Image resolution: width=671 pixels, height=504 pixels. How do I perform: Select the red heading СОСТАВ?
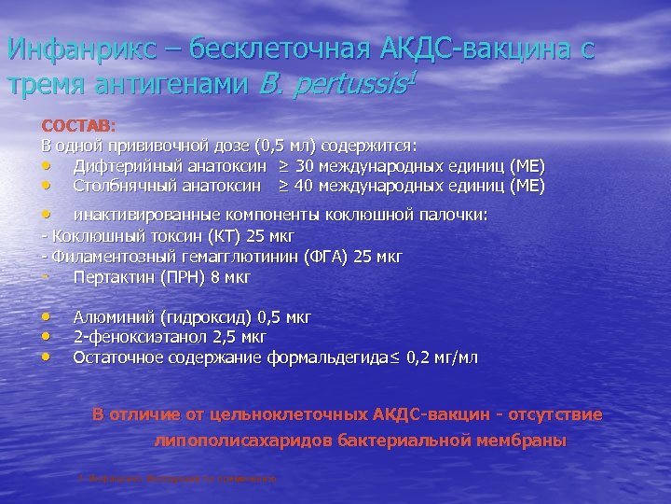pos(77,125)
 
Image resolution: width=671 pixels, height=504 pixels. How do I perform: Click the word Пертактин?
pos(108,277)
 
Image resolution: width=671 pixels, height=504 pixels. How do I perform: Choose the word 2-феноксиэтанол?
pos(133,337)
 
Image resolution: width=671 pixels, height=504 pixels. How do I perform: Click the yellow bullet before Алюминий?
pos(46,317)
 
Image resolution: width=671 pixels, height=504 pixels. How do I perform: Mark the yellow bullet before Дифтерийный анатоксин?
pos(46,166)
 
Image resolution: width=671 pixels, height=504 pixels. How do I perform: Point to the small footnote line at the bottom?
pos(177,478)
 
